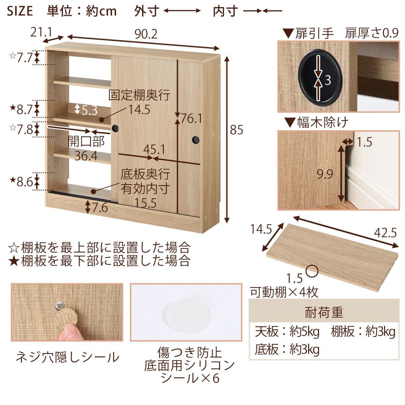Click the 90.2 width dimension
pos(146,34)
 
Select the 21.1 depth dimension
pos(41,32)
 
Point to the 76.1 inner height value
pos(191,118)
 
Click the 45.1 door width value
pos(154,149)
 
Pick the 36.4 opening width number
pos(86,156)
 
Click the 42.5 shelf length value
pos(385,233)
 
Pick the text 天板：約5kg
pos(287,332)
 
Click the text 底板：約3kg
pos(287,350)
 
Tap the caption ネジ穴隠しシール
pos(67,357)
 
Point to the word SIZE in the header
pos(20,11)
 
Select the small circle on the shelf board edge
pos(312,271)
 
